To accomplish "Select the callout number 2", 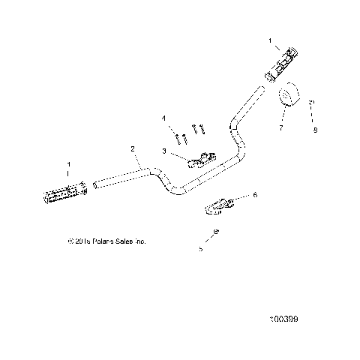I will click(x=133, y=149).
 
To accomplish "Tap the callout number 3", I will click(x=163, y=151).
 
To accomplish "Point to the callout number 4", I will click(x=163, y=118).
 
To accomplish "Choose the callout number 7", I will click(x=280, y=129).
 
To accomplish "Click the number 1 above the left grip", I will click(x=70, y=163).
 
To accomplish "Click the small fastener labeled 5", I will click(x=215, y=232).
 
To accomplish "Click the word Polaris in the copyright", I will click(x=103, y=241).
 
